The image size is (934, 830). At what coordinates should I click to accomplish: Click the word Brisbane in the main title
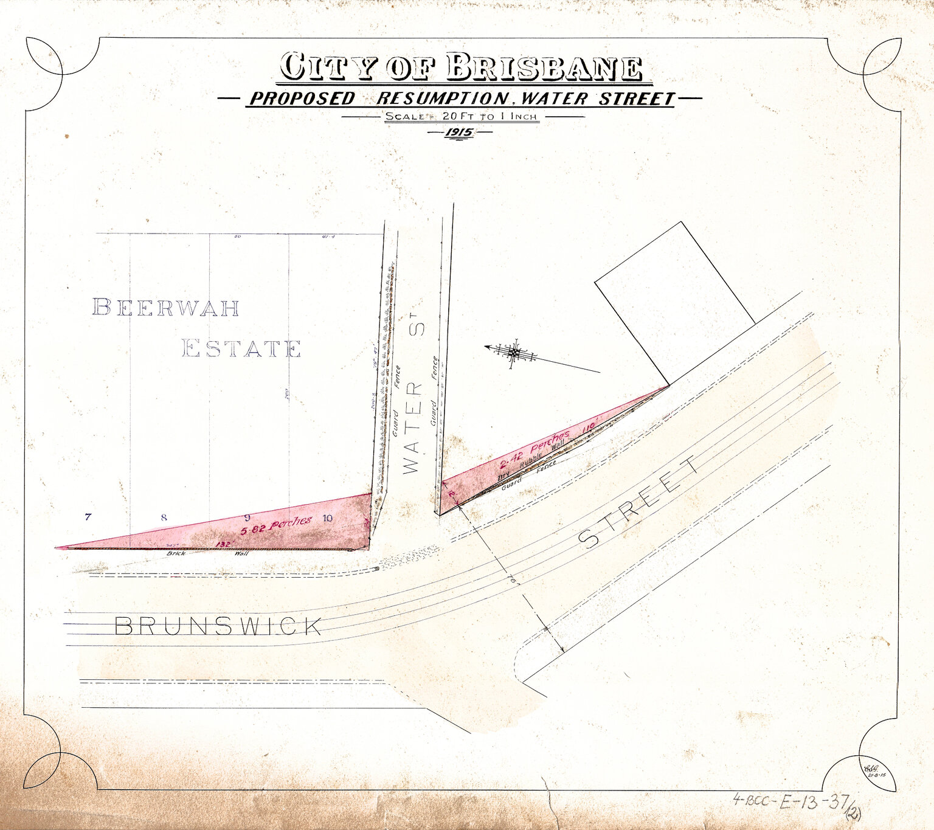click(545, 67)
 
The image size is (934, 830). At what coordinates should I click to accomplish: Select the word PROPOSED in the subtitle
click(302, 99)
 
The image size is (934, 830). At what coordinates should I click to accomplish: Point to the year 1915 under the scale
click(460, 133)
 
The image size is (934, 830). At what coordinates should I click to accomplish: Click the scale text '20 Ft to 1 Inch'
click(489, 116)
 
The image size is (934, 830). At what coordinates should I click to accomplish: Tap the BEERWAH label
click(165, 308)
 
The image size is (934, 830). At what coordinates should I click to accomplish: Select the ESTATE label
click(241, 349)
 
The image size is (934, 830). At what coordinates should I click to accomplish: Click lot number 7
click(88, 517)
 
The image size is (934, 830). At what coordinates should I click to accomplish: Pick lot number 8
click(164, 518)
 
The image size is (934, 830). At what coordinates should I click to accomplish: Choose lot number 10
click(328, 518)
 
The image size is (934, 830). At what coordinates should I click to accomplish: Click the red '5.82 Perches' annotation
click(277, 525)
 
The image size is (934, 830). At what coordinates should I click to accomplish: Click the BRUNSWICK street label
click(218, 626)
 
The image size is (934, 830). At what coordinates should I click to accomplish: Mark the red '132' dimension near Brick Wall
click(223, 544)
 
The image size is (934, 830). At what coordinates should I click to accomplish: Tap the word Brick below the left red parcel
click(176, 554)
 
